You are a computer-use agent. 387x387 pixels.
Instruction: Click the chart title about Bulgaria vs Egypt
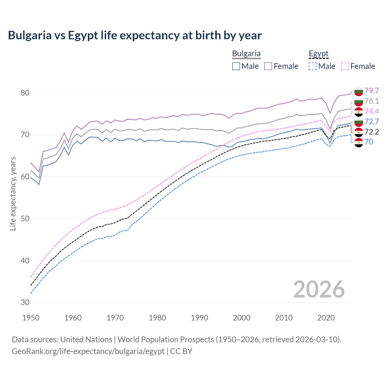click(x=135, y=35)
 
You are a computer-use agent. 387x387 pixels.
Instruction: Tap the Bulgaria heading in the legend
click(x=246, y=54)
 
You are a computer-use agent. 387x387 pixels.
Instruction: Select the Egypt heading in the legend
click(x=318, y=54)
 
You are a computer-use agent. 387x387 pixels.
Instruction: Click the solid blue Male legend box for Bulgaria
click(x=236, y=66)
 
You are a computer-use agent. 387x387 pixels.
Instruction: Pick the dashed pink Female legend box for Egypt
click(x=345, y=66)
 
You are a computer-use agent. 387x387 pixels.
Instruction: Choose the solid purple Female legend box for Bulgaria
click(x=268, y=66)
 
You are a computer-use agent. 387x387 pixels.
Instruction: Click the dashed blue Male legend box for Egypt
click(x=313, y=66)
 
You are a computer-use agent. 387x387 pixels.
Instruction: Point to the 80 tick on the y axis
click(x=25, y=93)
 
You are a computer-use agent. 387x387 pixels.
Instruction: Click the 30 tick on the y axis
click(x=25, y=302)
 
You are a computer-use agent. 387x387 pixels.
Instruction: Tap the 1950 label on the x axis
click(x=31, y=318)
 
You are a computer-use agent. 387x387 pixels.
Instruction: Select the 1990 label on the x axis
click(x=200, y=318)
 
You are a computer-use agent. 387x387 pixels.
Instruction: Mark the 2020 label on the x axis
click(x=326, y=318)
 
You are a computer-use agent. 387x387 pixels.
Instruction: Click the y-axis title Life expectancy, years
click(x=13, y=193)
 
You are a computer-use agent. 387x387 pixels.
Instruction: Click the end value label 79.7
click(x=372, y=91)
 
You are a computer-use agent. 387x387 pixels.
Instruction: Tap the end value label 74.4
click(x=372, y=111)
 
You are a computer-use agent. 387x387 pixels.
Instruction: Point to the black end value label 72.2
click(x=372, y=132)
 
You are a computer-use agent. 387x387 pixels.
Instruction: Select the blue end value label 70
click(x=369, y=142)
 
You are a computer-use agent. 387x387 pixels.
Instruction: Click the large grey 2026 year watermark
click(x=319, y=289)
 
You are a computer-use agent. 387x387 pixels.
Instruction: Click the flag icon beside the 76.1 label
click(x=359, y=101)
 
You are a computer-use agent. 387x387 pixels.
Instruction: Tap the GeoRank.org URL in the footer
click(x=88, y=351)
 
